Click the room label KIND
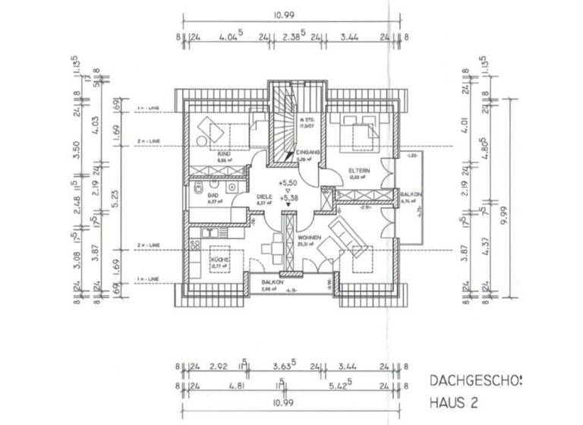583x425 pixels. click(x=222, y=153)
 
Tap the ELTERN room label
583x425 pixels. click(x=359, y=171)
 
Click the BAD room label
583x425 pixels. click(x=213, y=195)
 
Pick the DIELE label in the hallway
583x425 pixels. click(x=263, y=195)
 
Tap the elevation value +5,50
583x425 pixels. click(x=288, y=184)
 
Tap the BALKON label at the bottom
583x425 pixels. click(x=273, y=281)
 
